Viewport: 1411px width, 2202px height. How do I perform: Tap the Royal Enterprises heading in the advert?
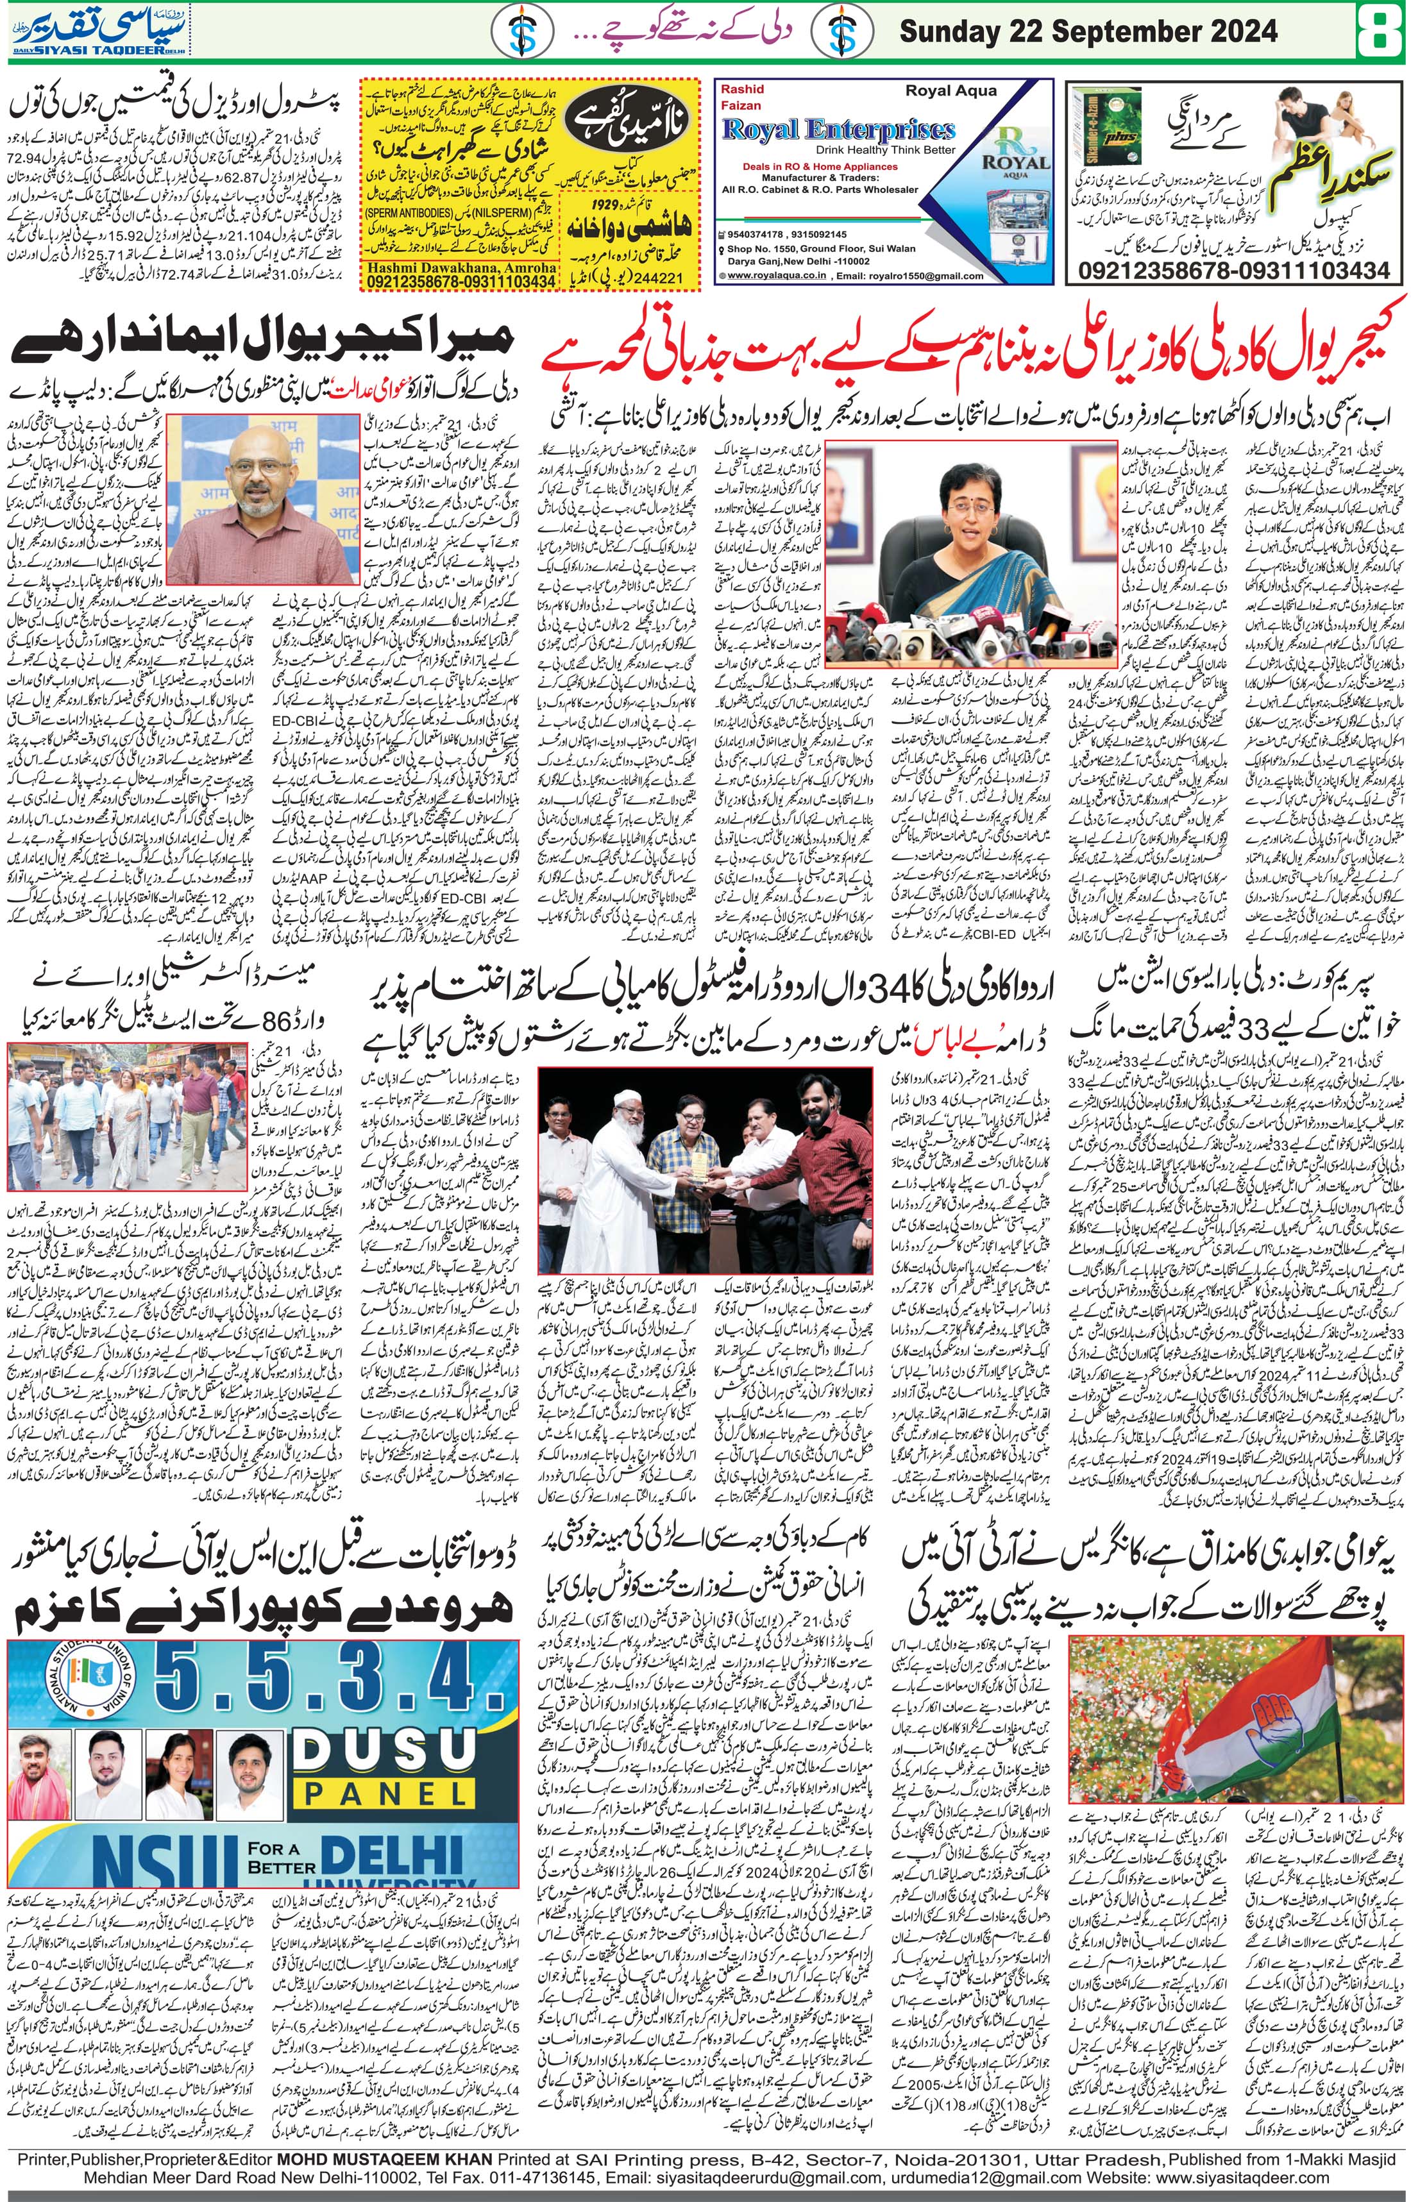click(838, 130)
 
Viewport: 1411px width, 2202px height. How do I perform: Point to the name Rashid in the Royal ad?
click(741, 90)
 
